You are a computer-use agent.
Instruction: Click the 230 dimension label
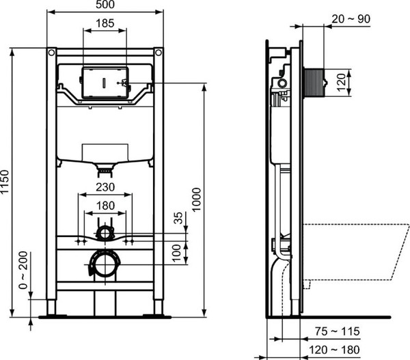pos(105,187)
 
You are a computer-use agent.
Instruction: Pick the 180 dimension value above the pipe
pos(105,206)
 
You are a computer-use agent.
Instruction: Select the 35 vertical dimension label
pos(179,219)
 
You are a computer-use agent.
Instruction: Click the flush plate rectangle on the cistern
pos(103,83)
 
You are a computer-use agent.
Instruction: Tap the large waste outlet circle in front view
pos(105,263)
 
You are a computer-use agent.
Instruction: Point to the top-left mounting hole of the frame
pos(51,52)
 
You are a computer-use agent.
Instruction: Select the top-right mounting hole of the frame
pos(159,52)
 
